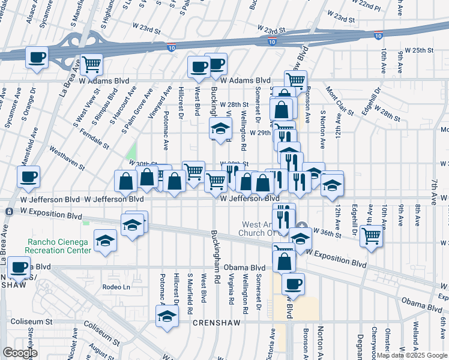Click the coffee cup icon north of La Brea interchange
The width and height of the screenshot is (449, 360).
pyautogui.click(x=37, y=59)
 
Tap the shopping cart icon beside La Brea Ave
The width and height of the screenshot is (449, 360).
pyautogui.click(x=91, y=65)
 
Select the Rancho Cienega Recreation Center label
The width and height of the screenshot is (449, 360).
pyautogui.click(x=58, y=246)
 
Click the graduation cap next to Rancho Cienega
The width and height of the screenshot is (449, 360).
pyautogui.click(x=105, y=241)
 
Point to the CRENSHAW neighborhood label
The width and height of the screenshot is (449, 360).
pyautogui.click(x=217, y=323)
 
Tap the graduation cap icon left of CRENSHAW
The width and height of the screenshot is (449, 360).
pyautogui.click(x=167, y=317)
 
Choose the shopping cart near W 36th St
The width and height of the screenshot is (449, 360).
pyautogui.click(x=372, y=236)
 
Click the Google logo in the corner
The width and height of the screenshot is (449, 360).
pyautogui.click(x=20, y=353)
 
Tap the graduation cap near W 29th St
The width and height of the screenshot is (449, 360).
pyautogui.click(x=220, y=129)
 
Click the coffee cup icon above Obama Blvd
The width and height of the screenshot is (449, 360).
pyautogui.click(x=293, y=284)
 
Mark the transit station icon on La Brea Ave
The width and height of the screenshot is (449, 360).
pyautogui.click(x=9, y=212)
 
